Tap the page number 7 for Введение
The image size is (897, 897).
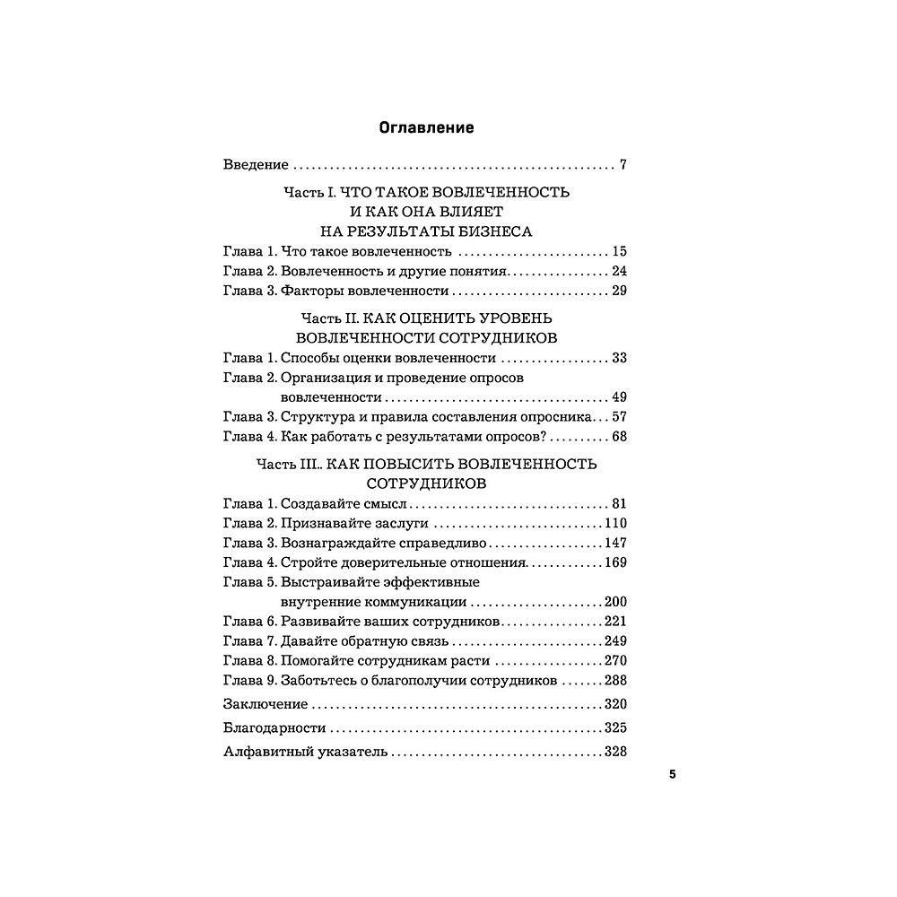point(623,165)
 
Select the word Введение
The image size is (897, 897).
point(256,165)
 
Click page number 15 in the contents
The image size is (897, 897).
point(618,251)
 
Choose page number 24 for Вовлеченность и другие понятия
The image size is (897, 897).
point(618,271)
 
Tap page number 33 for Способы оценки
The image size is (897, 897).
point(618,358)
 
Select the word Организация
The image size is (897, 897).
point(324,378)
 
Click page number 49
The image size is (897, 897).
point(618,397)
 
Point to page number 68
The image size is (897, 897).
point(618,437)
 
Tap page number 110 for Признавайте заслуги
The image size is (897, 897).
point(614,523)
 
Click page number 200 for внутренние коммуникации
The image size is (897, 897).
point(614,602)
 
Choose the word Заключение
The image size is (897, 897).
point(265,703)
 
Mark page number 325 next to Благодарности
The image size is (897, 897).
point(614,727)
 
